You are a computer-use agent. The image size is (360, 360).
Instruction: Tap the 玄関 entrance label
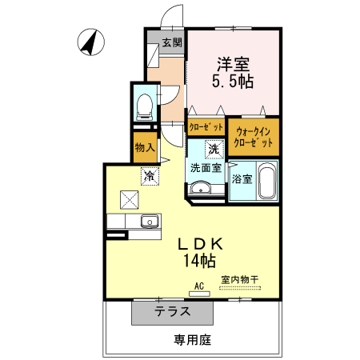click(172, 42)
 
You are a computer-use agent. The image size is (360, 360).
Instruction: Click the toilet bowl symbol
click(145, 104)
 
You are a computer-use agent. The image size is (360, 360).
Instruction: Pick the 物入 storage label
click(145, 148)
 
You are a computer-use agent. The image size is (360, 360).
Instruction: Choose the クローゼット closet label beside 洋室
click(206, 126)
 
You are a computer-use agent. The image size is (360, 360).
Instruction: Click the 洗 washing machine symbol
click(213, 149)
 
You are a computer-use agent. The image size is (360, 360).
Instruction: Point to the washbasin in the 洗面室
click(200, 189)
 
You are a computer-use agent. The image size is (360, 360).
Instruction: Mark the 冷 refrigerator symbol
click(149, 174)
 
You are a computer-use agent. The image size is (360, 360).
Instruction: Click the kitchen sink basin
click(149, 222)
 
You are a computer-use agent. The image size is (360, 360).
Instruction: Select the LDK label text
click(200, 243)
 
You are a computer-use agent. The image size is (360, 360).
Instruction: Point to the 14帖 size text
click(200, 261)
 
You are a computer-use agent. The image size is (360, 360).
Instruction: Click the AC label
click(199, 286)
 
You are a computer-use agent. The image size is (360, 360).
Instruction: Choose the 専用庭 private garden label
click(192, 340)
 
